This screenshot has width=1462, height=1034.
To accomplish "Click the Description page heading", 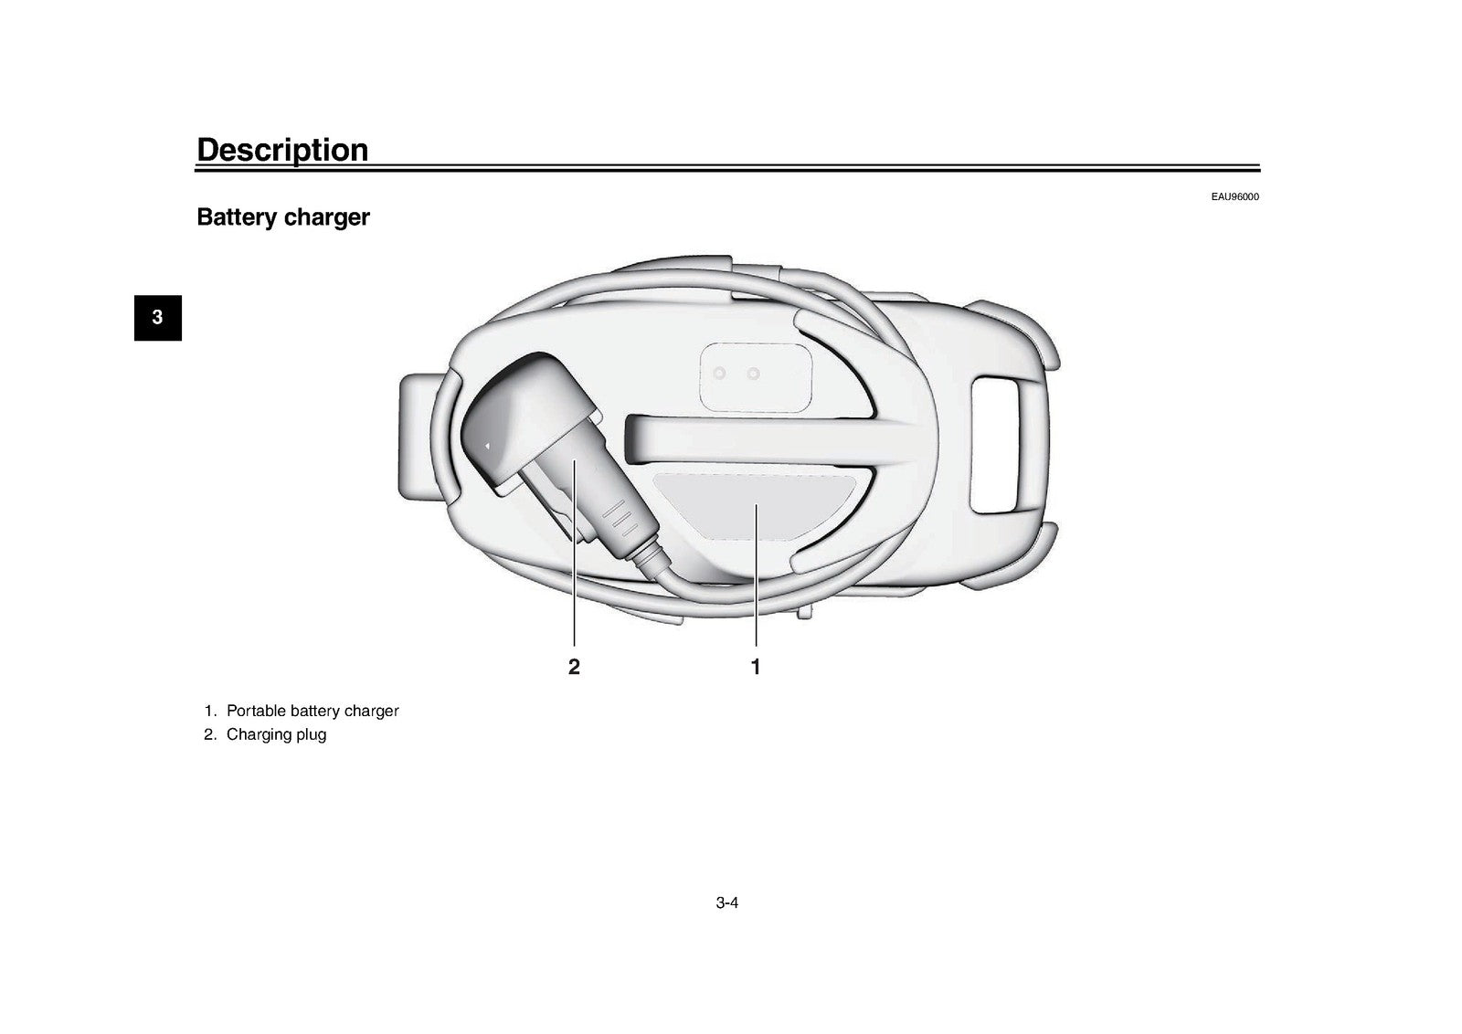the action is click(282, 150).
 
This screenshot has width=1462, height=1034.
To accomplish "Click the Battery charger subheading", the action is click(283, 216).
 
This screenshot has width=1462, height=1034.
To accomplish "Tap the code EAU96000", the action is click(1234, 196).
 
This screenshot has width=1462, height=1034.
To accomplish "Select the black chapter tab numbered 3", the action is click(158, 318).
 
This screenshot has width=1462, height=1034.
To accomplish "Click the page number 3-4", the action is click(727, 902).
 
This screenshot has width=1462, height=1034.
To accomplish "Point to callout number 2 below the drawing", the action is click(574, 667).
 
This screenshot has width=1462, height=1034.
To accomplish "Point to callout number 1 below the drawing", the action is click(756, 667).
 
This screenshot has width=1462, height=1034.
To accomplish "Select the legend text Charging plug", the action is click(276, 734).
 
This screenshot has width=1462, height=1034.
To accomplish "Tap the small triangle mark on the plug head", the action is click(487, 447).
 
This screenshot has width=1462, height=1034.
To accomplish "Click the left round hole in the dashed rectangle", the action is click(719, 374).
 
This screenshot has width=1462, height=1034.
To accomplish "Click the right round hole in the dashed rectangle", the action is click(754, 374).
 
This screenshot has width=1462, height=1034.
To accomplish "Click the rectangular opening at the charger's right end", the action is click(995, 445).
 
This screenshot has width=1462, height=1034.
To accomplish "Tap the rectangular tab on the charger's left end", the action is click(418, 435).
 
